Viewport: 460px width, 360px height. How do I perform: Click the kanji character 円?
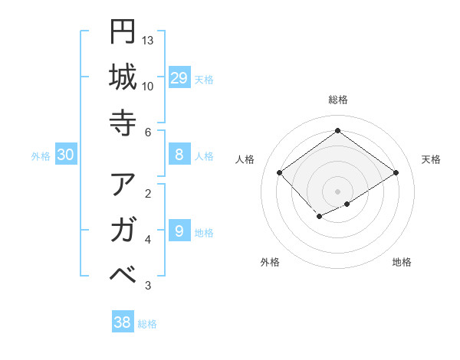pyautogui.click(x=123, y=31)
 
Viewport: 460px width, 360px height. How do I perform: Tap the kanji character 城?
pyautogui.click(x=123, y=77)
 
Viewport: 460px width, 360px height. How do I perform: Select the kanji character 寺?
pyautogui.click(x=123, y=123)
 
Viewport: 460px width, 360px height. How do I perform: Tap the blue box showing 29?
pyautogui.click(x=179, y=78)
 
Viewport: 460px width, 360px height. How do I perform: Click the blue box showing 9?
pyautogui.click(x=179, y=231)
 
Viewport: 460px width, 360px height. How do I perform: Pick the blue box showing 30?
pyautogui.click(x=65, y=155)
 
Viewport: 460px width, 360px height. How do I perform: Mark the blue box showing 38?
pyautogui.click(x=122, y=322)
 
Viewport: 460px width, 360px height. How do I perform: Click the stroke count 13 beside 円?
pyautogui.click(x=148, y=40)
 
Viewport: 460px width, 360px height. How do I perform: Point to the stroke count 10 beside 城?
pyautogui.click(x=148, y=86)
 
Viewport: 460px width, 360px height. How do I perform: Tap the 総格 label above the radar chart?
pyautogui.click(x=337, y=100)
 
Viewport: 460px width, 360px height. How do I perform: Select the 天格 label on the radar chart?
pyautogui.click(x=431, y=159)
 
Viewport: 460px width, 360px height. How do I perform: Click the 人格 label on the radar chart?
pyautogui.click(x=245, y=159)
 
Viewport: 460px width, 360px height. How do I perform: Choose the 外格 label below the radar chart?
pyautogui.click(x=270, y=262)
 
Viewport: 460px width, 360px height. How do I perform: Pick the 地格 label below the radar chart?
pyautogui.click(x=402, y=262)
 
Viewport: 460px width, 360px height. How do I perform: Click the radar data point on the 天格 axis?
pyautogui.click(x=396, y=173)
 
